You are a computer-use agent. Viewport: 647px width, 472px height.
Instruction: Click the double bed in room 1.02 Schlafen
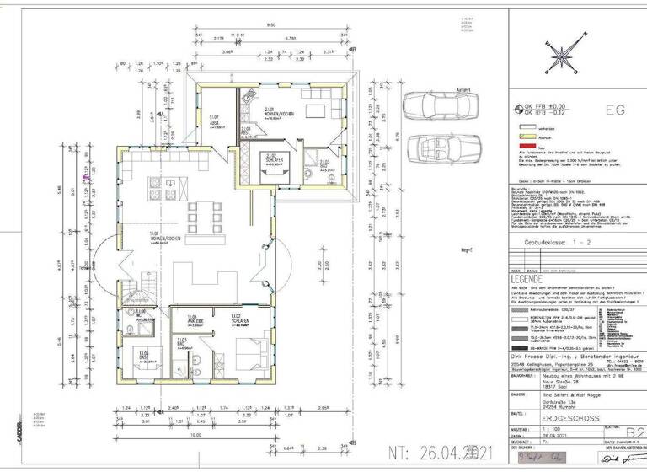(x=249, y=348)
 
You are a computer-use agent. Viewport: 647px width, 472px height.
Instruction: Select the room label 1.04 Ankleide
(x=195, y=320)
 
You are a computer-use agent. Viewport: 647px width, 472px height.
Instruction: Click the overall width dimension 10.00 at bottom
(x=195, y=437)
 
